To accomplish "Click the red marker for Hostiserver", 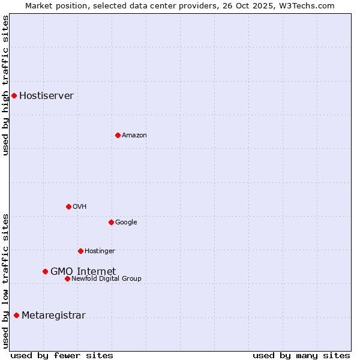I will tap(14, 95).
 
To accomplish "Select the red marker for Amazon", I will tap(118, 135).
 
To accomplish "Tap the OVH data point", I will tap(68, 206).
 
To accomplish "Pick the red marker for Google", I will tap(111, 222).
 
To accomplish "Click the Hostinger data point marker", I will tap(80, 251).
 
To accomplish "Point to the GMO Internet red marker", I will tap(45, 271).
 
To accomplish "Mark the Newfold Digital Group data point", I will tap(67, 278).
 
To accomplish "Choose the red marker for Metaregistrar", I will tap(16, 315).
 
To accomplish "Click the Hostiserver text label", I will tap(46, 96).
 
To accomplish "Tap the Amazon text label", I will tap(134, 136).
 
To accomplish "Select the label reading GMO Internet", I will tap(83, 271).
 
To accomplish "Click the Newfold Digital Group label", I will tap(106, 278).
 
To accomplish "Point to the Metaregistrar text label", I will tap(53, 316).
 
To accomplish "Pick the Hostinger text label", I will tap(100, 251).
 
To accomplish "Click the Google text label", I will tap(126, 223).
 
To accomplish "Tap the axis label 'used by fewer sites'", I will tap(62, 355).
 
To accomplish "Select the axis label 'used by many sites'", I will tap(301, 355).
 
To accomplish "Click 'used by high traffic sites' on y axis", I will tap(6, 85).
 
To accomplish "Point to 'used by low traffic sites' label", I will tap(6, 280).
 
